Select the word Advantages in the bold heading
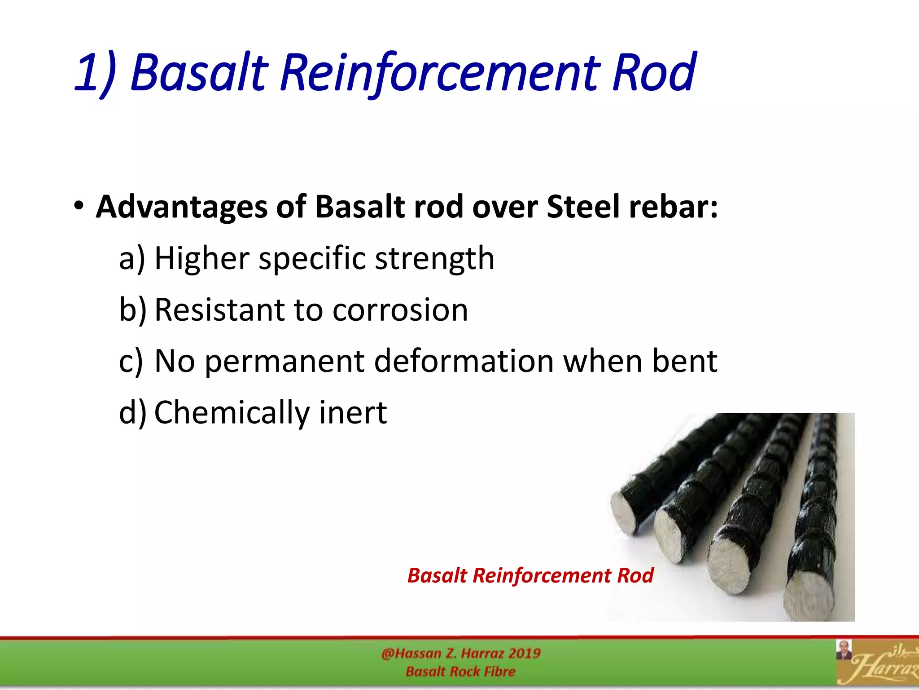pos(181,208)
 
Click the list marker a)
pos(132,259)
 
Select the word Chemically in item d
pos(232,412)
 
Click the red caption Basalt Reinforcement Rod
pos(530,575)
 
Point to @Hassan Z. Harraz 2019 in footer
pos(461,653)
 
